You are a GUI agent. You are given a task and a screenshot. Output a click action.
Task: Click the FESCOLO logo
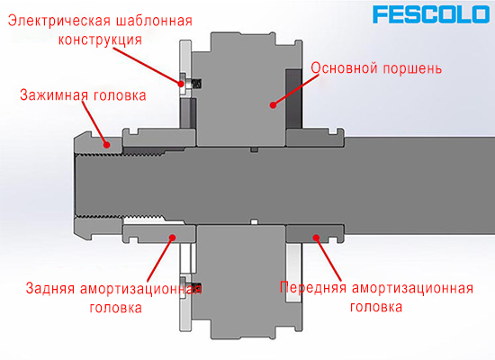[430, 14]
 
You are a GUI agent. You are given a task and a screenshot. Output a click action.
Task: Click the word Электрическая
[59, 21]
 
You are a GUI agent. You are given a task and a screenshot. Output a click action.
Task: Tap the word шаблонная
[155, 22]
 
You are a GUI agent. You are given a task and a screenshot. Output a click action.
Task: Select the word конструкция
[100, 40]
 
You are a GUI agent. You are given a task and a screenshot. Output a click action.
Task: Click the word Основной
[344, 67]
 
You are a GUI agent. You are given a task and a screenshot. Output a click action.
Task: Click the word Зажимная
[52, 95]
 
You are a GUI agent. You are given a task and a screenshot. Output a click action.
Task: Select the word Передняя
[313, 288]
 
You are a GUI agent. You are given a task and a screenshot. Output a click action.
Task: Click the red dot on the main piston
[273, 104]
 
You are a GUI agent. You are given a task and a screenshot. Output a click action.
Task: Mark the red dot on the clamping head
[107, 145]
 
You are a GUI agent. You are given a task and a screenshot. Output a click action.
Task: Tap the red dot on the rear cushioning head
[172, 238]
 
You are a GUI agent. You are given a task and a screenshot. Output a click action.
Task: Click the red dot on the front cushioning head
[316, 238]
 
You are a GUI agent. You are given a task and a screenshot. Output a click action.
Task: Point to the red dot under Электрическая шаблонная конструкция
[181, 84]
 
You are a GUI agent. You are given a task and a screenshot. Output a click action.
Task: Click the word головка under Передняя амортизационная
[376, 307]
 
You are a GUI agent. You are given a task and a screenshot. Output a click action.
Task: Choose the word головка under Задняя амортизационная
[116, 308]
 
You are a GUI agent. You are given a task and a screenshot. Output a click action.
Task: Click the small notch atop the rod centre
[255, 149]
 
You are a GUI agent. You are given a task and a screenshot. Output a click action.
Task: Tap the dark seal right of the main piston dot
[294, 99]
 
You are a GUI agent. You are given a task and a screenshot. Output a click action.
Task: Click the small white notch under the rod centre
[255, 221]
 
